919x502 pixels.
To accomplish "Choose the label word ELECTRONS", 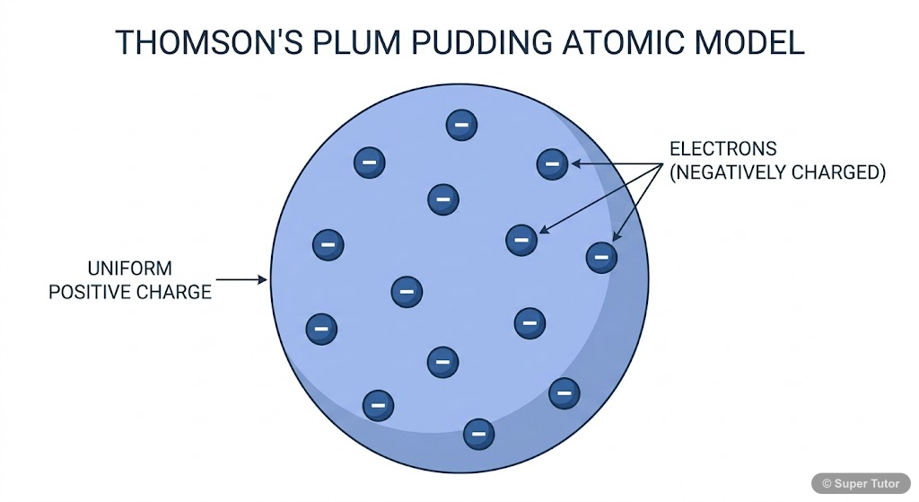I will [723, 148].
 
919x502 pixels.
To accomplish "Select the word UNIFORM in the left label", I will [129, 269].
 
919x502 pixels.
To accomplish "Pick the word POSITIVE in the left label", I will [98, 292].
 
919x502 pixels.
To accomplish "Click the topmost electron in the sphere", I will [461, 125].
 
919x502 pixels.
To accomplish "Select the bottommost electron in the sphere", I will [478, 434].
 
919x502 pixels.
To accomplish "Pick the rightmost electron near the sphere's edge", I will [601, 258].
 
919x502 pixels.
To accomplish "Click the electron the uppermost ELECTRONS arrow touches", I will [552, 163].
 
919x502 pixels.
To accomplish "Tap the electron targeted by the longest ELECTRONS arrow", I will [521, 239].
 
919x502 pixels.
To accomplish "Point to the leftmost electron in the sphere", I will [321, 330].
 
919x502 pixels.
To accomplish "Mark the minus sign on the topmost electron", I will [461, 125].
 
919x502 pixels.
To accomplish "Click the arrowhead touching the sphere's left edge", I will [264, 280].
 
